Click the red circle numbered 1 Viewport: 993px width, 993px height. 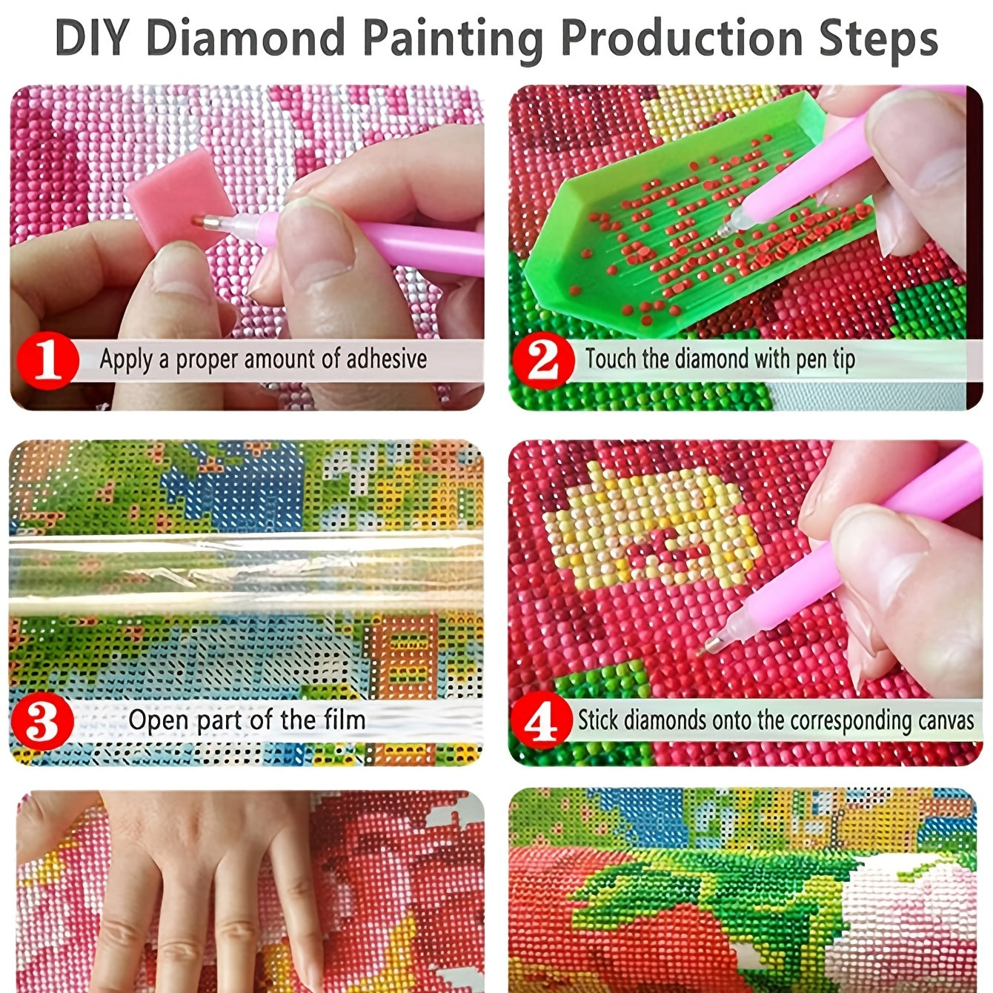tap(48, 361)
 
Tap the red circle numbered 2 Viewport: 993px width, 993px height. tap(544, 361)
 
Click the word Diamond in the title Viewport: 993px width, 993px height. tap(246, 38)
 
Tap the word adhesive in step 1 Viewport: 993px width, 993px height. tap(386, 358)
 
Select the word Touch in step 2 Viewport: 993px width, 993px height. tap(611, 358)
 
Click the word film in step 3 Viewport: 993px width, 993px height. tap(345, 720)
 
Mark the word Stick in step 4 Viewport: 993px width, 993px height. tap(598, 720)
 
